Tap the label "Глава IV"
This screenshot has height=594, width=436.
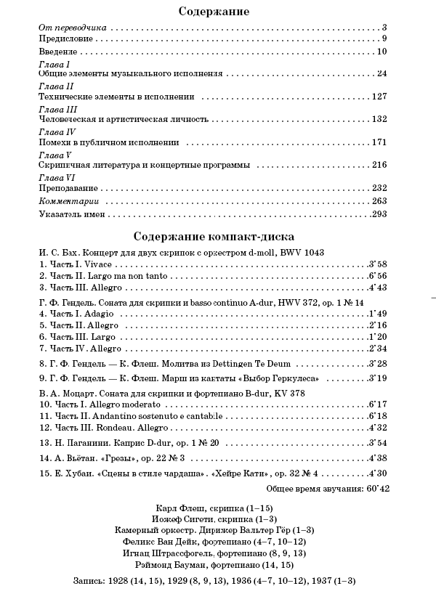click(56, 132)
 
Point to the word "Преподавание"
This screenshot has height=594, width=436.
click(66, 188)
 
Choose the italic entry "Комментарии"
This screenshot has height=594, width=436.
click(68, 201)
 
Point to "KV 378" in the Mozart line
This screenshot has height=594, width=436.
click(290, 393)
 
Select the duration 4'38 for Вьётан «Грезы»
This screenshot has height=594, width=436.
click(379, 458)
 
